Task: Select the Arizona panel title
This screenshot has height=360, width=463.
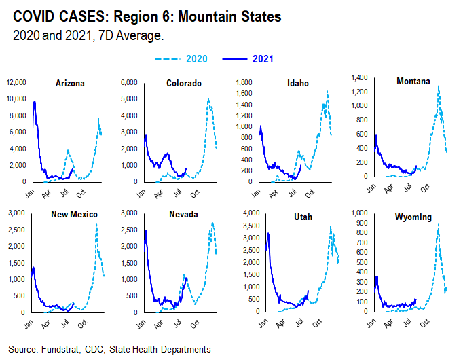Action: (71, 84)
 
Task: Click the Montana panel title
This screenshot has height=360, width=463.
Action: (413, 82)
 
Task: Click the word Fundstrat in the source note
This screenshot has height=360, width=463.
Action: (58, 349)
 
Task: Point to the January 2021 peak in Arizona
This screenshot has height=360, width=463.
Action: (35, 102)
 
